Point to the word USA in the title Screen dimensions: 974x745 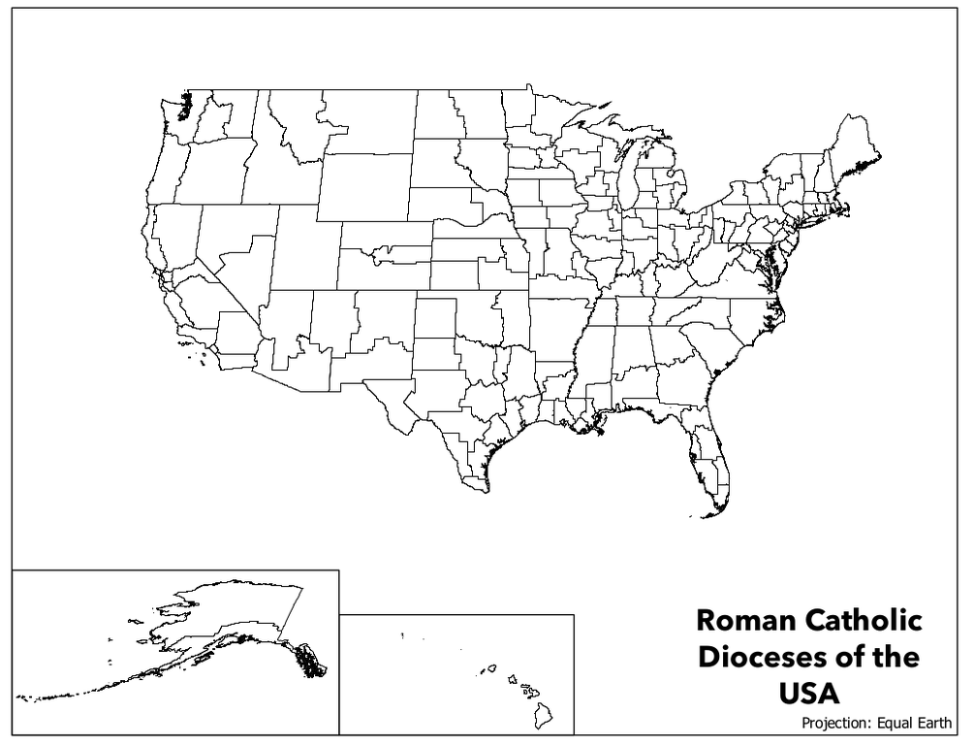point(809,694)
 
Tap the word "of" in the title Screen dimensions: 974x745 point(846,657)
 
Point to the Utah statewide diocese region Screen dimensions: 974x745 point(304,247)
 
